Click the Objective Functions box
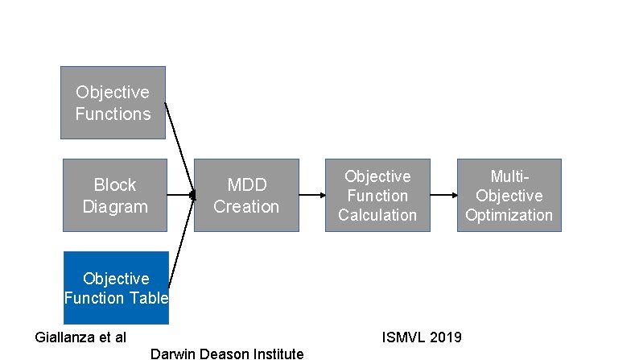point(113,102)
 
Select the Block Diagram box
point(115,195)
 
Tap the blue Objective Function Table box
point(116,288)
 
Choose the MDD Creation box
point(246,195)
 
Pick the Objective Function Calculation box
point(377,195)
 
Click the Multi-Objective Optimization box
point(509,195)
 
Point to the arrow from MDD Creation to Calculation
point(312,195)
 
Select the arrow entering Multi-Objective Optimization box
point(443,195)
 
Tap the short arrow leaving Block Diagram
point(180,195)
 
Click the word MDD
point(246,185)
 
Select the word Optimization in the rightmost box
point(509,215)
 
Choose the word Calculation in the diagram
point(377,215)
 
